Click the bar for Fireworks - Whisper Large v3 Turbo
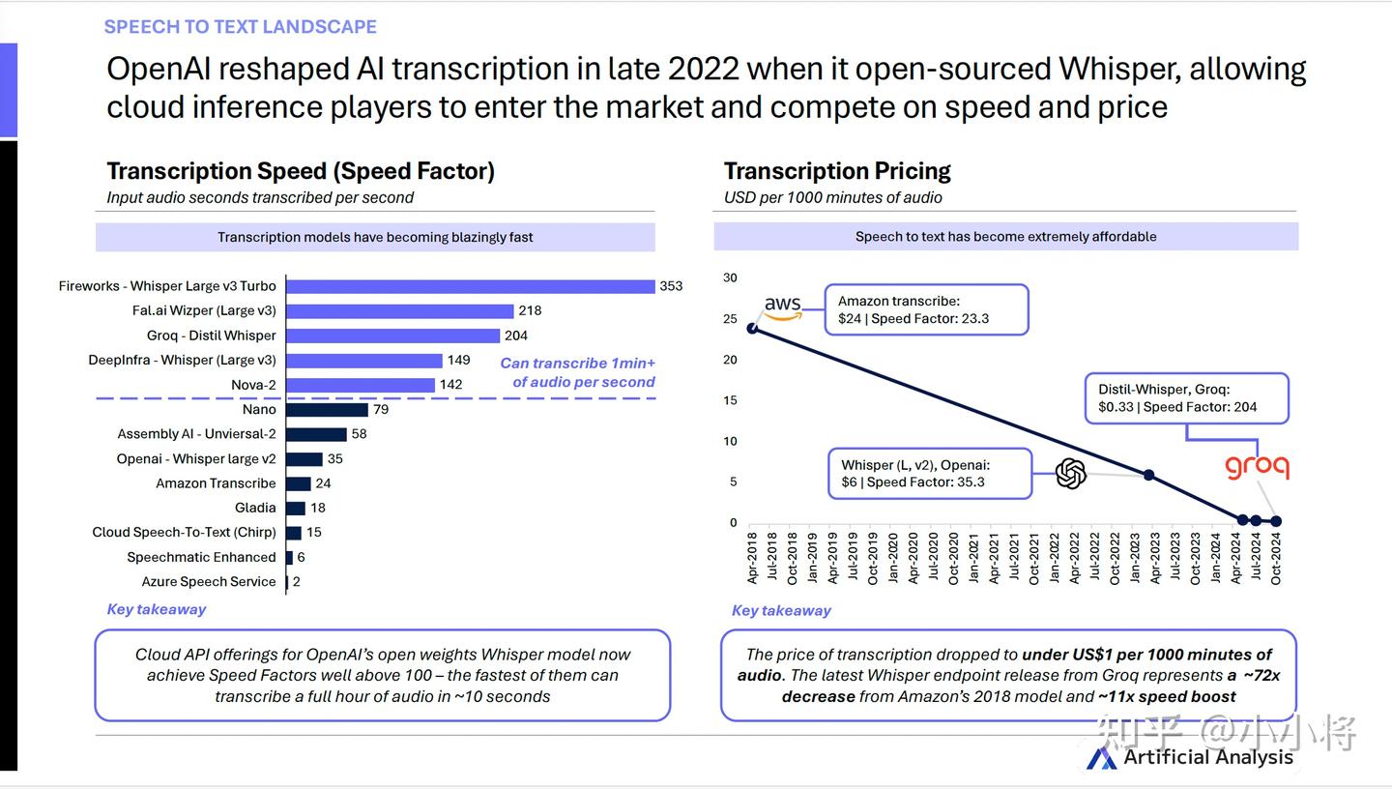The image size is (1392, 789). pos(470,286)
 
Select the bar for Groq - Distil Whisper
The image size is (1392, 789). pos(392,336)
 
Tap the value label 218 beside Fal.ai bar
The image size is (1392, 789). pos(530,310)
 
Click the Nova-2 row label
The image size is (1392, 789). pos(253,385)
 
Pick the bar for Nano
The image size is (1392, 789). pos(327,410)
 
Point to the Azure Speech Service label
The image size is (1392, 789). pos(209,582)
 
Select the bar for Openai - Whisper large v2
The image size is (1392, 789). pos(304,459)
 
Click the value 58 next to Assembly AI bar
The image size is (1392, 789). pos(359,434)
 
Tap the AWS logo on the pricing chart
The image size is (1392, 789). pos(783,307)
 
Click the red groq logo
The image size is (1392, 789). pos(1257,467)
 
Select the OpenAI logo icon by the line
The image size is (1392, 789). pos(1071,474)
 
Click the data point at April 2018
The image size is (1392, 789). pos(753,328)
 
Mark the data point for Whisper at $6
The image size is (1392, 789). pos(1148,475)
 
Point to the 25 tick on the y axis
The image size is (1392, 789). pos(730,319)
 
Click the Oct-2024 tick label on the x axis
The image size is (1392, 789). pos(1276,560)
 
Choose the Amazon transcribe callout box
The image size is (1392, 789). pos(925,309)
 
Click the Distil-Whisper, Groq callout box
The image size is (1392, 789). pos(1186,398)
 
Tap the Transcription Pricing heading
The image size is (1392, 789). pos(837,171)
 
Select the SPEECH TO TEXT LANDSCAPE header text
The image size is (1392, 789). pos(241,27)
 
